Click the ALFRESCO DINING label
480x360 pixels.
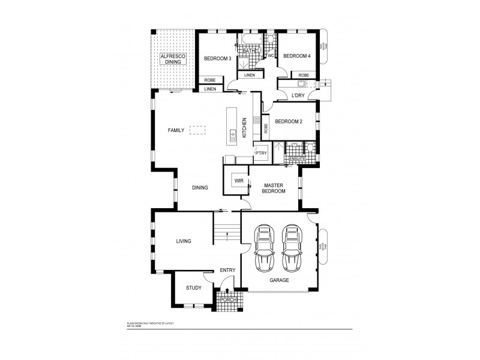(x=173, y=59)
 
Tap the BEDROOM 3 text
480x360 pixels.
(x=217, y=58)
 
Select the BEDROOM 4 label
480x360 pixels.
(x=296, y=56)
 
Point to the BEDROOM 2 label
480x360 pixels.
(x=289, y=122)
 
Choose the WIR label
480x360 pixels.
(x=238, y=180)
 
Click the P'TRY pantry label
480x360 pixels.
(x=260, y=153)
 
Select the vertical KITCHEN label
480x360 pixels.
(x=244, y=128)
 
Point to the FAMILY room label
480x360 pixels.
(x=176, y=130)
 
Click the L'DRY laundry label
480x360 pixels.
(x=298, y=95)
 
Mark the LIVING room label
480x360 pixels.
(x=183, y=241)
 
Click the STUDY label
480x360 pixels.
(x=193, y=288)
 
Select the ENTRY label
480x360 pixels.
(x=227, y=270)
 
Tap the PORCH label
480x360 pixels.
(x=229, y=299)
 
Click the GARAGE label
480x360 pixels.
(x=279, y=280)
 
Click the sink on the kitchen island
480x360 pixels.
(x=232, y=133)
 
